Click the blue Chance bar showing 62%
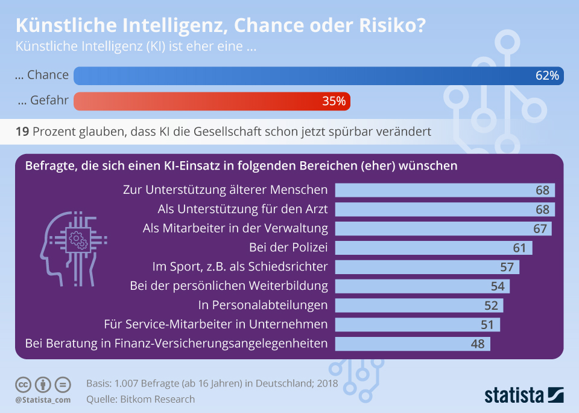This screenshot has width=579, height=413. pyautogui.click(x=318, y=75)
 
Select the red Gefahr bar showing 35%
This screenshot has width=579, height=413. pyautogui.click(x=212, y=101)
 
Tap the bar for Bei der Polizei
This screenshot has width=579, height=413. pyautogui.click(x=433, y=248)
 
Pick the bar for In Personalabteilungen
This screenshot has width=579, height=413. pyautogui.click(x=419, y=306)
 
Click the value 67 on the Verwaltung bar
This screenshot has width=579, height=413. pyautogui.click(x=540, y=229)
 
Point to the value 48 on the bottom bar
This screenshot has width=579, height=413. pyautogui.click(x=478, y=344)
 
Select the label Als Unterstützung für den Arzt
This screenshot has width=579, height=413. pyautogui.click(x=242, y=209)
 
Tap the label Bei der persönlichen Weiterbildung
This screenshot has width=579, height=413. pyautogui.click(x=229, y=286)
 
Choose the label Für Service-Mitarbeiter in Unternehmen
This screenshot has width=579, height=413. pyautogui.click(x=216, y=324)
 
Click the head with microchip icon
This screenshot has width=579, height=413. pyautogui.click(x=71, y=248)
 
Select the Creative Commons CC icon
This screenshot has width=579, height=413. pyautogui.click(x=23, y=384)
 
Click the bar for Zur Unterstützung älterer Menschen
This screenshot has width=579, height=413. pyautogui.click(x=445, y=190)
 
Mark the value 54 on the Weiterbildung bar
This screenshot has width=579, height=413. pyautogui.click(x=498, y=286)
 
